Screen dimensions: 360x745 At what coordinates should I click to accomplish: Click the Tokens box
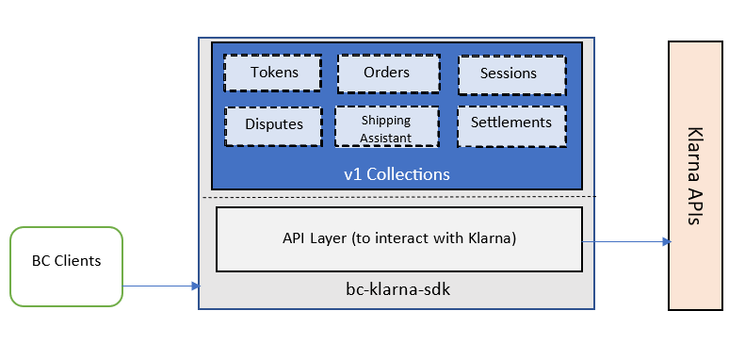pos(273,73)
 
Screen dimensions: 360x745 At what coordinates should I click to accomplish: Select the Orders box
pos(387,73)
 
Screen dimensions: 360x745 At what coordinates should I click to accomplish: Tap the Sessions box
pos(510,74)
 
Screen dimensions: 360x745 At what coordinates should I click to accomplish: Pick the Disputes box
pos(273,124)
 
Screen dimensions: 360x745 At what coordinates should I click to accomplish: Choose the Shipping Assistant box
pos(387,126)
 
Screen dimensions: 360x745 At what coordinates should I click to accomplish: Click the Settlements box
pos(510,123)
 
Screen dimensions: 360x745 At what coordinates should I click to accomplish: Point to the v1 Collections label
pos(397,174)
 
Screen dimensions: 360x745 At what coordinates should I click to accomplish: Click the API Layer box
pos(399,238)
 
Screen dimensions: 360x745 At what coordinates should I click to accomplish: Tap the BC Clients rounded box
pos(66,266)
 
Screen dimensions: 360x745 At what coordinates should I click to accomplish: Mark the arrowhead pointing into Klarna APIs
pos(666,241)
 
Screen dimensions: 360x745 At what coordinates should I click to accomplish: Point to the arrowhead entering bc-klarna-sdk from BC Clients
pos(196,286)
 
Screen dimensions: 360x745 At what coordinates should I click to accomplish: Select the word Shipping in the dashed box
pos(386,121)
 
